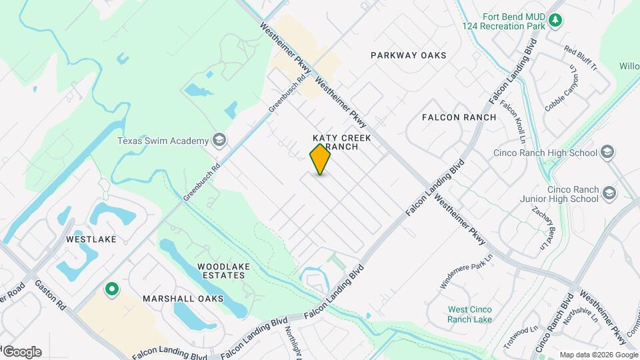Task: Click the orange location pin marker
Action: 321,159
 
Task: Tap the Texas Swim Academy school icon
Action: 219,140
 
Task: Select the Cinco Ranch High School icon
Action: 607,153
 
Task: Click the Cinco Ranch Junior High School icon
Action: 609,193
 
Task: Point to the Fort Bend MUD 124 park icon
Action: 555,21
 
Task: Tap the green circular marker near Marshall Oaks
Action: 112,289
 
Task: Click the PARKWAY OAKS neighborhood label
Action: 409,55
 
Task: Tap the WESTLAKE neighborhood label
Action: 91,239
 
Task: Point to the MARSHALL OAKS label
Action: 176,299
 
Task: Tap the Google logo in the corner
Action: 22,352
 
